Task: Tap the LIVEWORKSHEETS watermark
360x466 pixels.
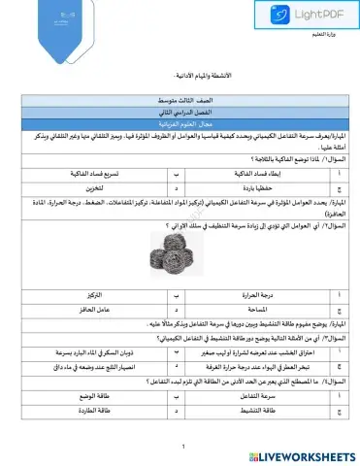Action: coord(299,455)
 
